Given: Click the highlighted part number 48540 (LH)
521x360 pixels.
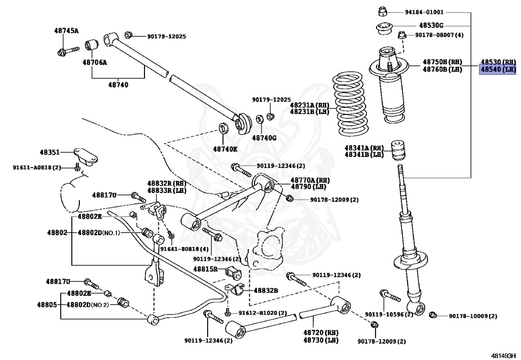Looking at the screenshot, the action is (x=498, y=69).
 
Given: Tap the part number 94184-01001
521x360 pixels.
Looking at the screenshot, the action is (x=424, y=12).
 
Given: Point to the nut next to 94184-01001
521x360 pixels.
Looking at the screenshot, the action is (x=383, y=12).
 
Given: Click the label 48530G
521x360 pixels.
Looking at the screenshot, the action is (x=431, y=25).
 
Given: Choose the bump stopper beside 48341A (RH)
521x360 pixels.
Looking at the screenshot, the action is (x=399, y=150).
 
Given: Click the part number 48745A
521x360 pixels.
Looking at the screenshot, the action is (x=67, y=31).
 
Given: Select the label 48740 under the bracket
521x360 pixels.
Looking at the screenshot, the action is (x=118, y=85).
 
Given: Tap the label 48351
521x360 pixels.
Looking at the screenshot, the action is (x=50, y=152).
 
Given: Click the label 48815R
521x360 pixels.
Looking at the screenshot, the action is (x=206, y=269).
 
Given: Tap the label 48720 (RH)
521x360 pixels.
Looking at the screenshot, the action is (x=321, y=333).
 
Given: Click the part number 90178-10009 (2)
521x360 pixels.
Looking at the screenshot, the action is (x=473, y=316).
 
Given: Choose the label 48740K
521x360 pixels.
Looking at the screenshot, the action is (x=225, y=149).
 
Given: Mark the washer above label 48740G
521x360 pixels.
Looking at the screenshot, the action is (x=260, y=119).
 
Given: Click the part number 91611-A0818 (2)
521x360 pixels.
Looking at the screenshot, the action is (x=37, y=168).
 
